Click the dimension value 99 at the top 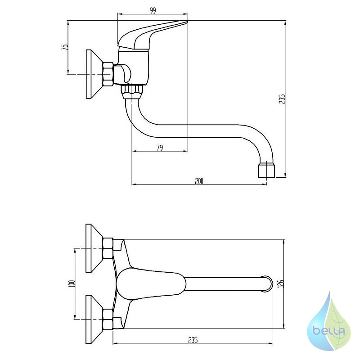(x=153, y=10)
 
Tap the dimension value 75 (x=65, y=47)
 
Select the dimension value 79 (x=160, y=148)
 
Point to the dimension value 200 (x=199, y=181)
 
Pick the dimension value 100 (x=72, y=284)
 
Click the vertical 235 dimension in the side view (x=282, y=99)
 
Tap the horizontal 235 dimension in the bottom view (x=193, y=340)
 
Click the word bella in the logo (x=329, y=331)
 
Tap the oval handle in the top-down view (x=151, y=284)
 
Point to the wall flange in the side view (x=94, y=74)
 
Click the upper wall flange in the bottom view (x=94, y=248)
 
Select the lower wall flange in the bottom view (x=94, y=319)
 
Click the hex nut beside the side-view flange (x=108, y=74)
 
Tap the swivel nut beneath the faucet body (x=132, y=92)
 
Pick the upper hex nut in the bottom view (x=108, y=248)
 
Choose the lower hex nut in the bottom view (x=108, y=319)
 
